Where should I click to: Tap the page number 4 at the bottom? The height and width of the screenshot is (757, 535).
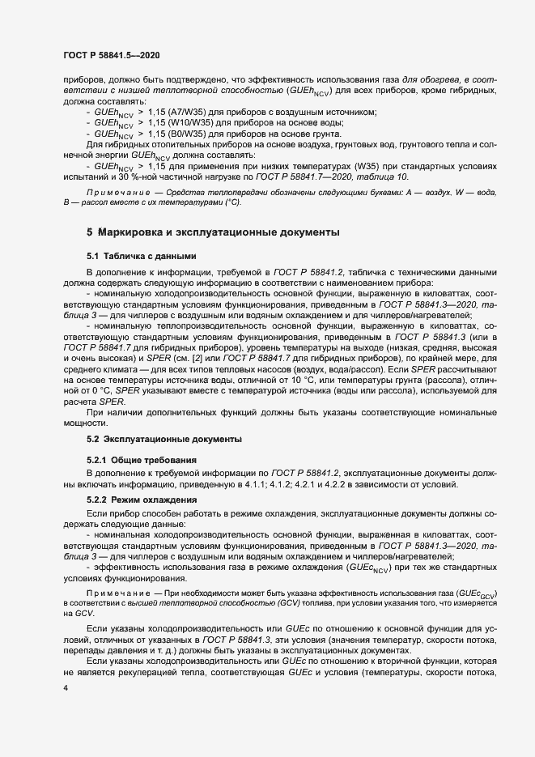[x=66, y=687]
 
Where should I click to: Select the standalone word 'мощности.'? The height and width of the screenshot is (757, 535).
[x=87, y=422]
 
